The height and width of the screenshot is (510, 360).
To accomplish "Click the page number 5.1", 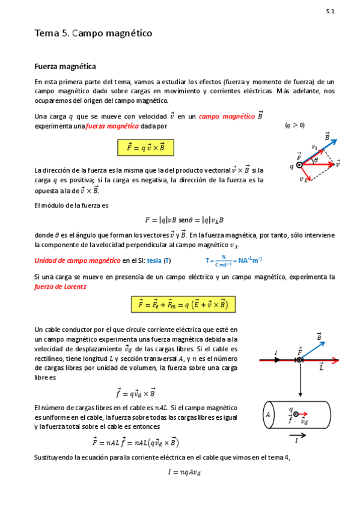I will (330, 11).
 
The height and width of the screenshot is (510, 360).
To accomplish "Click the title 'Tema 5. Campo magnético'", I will (93, 34).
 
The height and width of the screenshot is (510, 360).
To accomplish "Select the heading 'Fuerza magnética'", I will (65, 66).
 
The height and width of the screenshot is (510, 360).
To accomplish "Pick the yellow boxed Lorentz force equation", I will (182, 304).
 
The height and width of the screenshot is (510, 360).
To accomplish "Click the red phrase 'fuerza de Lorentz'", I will (61, 287).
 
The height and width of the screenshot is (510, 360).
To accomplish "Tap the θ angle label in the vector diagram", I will (316, 159).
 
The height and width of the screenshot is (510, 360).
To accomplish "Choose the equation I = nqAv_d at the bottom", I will (184, 473).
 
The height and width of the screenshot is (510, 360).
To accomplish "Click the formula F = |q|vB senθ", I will (184, 220).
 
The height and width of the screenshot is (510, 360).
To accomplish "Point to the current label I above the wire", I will (276, 352).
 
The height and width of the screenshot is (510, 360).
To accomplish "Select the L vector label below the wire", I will (322, 366).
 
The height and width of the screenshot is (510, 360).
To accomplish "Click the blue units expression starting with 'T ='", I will (234, 260).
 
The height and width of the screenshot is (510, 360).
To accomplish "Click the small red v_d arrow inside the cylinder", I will (304, 414).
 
